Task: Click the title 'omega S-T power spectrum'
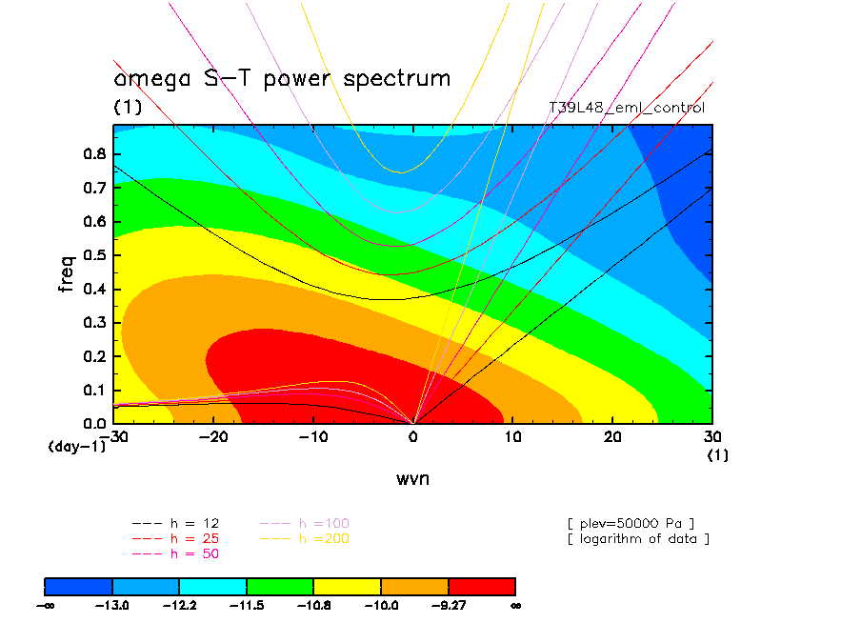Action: [282, 79]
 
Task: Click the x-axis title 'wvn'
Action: [412, 478]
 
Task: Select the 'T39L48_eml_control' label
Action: [627, 108]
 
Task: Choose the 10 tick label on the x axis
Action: [513, 436]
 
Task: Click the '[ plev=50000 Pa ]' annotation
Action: [630, 524]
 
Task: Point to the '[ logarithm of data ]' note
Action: [637, 538]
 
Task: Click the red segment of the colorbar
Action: [481, 585]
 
